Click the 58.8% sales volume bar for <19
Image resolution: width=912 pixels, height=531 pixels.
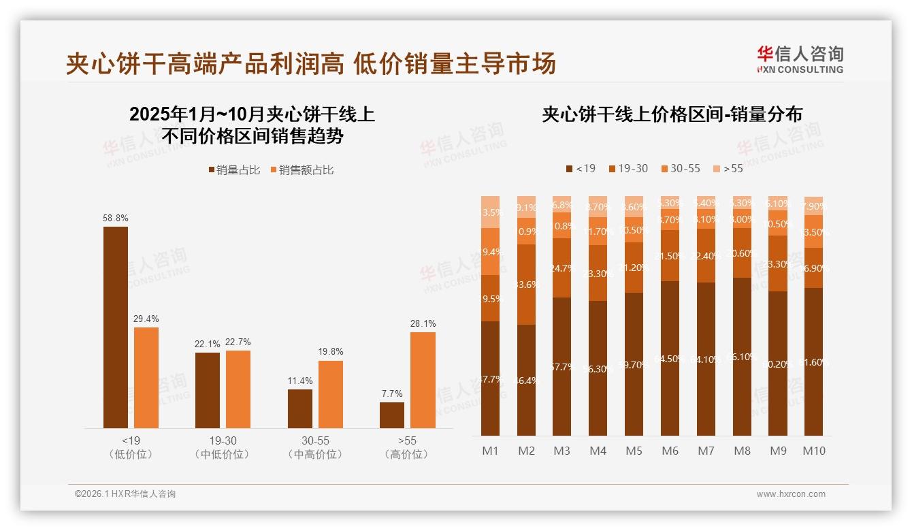[116, 327]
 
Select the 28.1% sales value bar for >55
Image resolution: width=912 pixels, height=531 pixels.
[423, 380]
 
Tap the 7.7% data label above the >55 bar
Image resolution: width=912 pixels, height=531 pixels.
[392, 393]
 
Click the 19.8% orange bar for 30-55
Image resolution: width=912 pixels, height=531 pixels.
[331, 394]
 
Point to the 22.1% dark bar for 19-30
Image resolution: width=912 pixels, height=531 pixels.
[208, 390]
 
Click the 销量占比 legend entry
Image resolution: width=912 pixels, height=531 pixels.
[234, 170]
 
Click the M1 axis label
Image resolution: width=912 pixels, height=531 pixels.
[490, 451]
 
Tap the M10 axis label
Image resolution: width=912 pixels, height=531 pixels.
[813, 451]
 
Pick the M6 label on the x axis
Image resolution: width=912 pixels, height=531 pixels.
[670, 451]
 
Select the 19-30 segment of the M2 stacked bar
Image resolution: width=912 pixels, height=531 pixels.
[526, 284]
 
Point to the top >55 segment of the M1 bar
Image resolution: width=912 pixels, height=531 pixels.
[490, 212]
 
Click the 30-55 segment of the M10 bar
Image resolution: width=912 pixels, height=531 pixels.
[813, 231]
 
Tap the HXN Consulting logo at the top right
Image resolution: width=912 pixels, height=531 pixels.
[800, 59]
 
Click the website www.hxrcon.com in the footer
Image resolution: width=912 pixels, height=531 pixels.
[791, 494]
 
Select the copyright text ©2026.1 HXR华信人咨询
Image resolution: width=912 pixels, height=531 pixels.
[125, 494]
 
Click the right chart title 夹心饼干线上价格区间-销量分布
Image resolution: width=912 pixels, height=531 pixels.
[672, 114]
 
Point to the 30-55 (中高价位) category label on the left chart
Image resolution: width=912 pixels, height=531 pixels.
[315, 447]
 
